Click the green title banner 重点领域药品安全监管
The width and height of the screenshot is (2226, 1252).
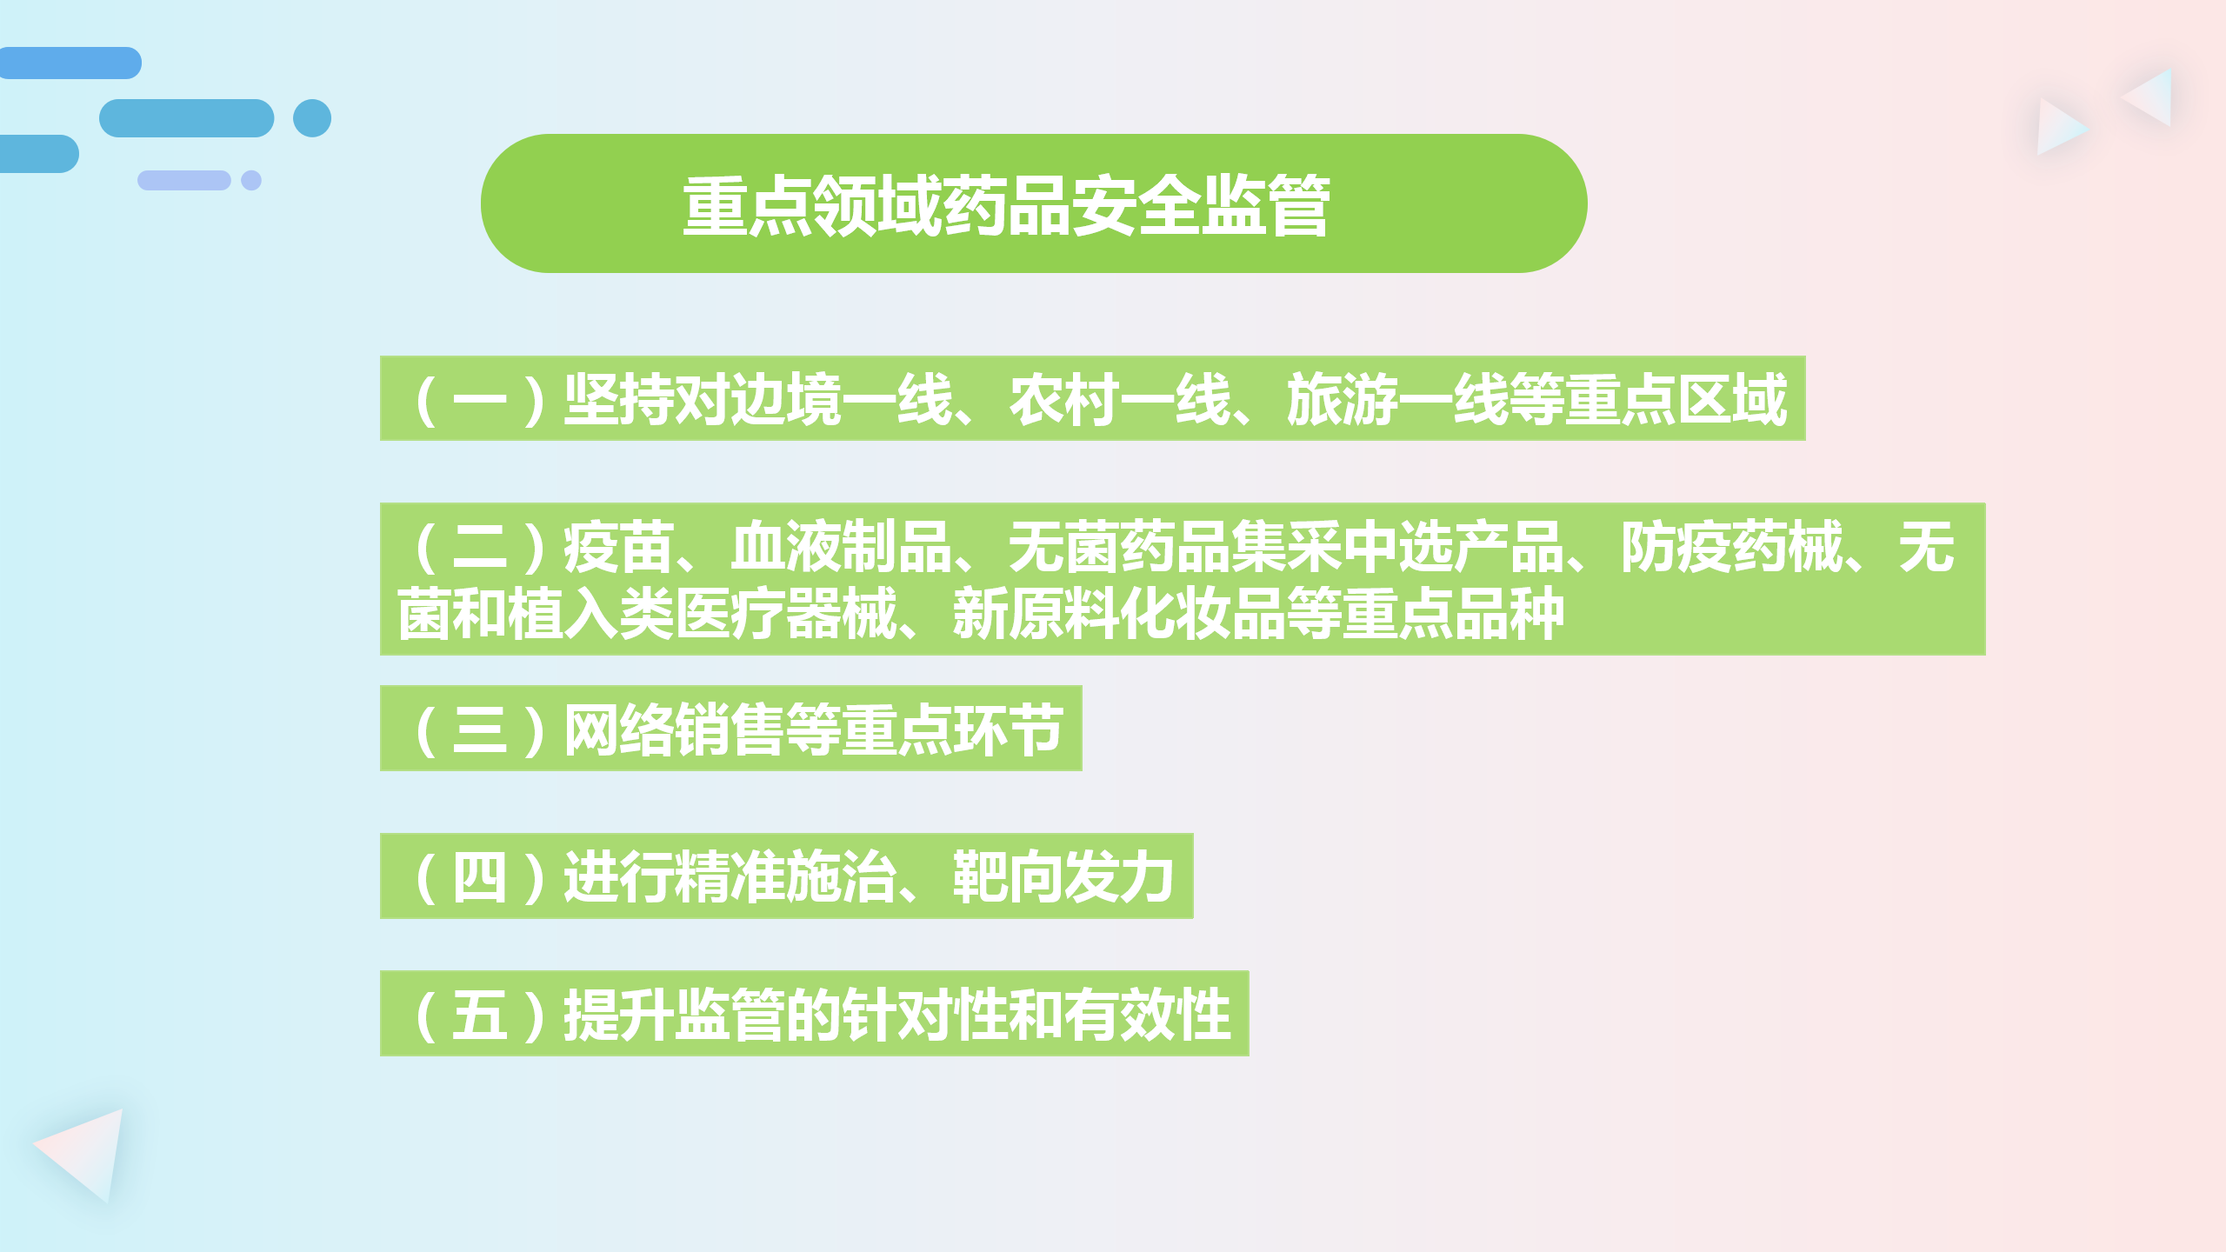pos(1034,203)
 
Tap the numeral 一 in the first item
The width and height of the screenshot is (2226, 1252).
pos(479,400)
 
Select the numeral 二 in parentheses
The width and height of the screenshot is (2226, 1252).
pos(479,548)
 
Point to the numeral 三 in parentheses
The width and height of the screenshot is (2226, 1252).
pos(479,729)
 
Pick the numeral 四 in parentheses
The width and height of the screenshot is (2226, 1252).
pos(479,876)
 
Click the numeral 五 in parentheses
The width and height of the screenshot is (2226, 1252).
pos(479,1015)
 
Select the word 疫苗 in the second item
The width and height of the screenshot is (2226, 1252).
pos(619,548)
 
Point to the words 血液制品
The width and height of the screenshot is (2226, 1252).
pos(842,548)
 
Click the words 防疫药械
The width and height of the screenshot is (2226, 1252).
pos(1732,548)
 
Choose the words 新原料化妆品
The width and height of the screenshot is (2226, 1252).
pos(1120,614)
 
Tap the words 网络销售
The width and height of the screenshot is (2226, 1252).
pos(675,729)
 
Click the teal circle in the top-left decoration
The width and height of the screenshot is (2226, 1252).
pos(312,118)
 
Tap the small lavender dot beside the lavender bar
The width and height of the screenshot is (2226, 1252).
pos(251,180)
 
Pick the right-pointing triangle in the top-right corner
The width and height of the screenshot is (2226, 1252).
pos(2058,127)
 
